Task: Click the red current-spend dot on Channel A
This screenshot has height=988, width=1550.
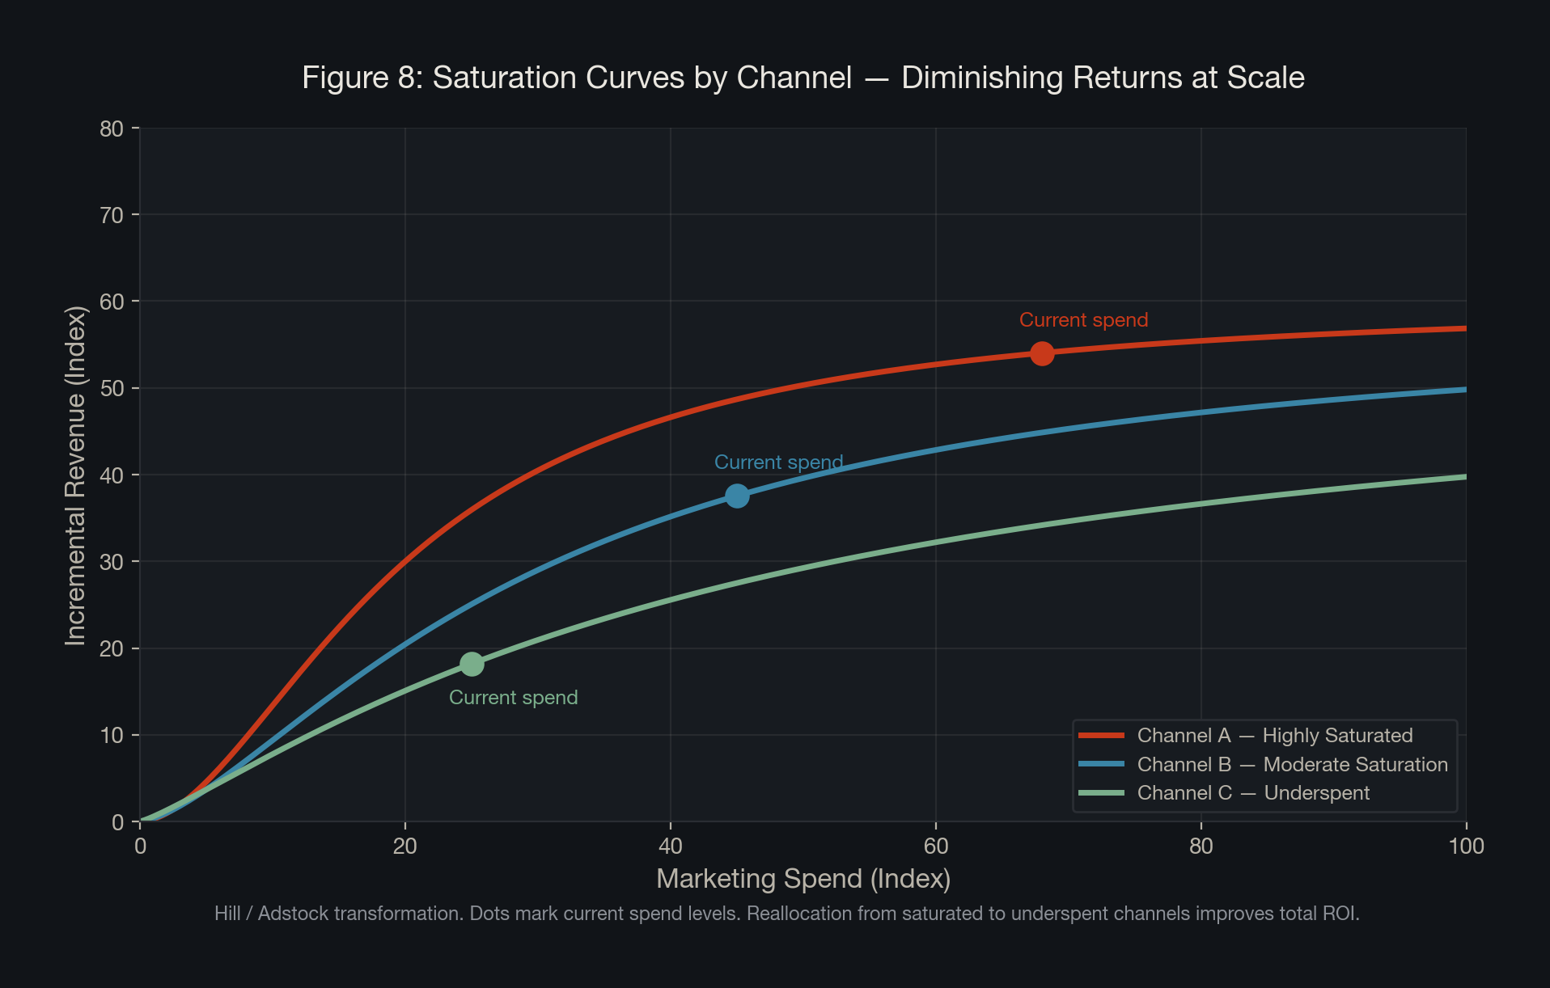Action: tap(1042, 353)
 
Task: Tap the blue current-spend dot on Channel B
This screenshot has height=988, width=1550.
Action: tap(737, 496)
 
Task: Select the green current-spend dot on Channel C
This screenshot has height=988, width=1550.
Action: tap(472, 664)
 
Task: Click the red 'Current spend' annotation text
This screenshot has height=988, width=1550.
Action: tap(1083, 320)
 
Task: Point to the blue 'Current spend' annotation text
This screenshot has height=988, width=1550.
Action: tap(778, 462)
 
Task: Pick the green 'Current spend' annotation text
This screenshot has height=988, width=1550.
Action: tap(513, 698)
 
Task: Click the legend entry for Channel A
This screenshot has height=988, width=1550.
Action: tap(1274, 736)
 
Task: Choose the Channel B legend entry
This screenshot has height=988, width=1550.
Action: tap(1292, 765)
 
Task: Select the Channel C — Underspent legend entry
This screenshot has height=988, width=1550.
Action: tap(1253, 793)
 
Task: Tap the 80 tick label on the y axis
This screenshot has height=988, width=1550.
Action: tap(112, 129)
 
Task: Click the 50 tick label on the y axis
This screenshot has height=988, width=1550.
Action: tap(112, 389)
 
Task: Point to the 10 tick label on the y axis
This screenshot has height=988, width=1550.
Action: tap(112, 736)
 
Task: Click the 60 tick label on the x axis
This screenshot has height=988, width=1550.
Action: tap(935, 847)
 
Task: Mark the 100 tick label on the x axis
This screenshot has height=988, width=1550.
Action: tap(1466, 847)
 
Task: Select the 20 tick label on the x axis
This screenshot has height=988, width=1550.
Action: tap(404, 847)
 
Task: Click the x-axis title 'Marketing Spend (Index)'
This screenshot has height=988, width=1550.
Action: tap(803, 879)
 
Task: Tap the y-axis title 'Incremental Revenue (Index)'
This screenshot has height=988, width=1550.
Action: tap(75, 475)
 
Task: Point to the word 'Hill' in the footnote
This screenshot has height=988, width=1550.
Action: tap(227, 914)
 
